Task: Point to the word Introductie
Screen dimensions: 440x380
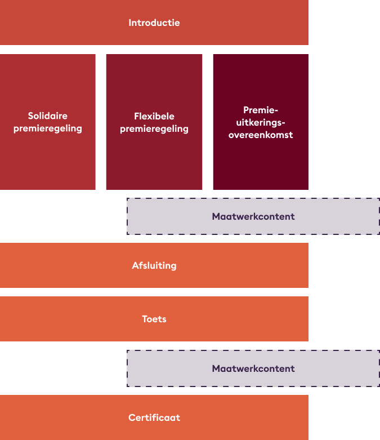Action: coord(154,23)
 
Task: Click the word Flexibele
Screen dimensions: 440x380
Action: coord(154,116)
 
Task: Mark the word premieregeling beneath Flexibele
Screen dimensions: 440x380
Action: coord(154,128)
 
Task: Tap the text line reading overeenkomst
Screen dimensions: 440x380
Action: coord(261,135)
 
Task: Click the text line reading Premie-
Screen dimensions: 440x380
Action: coord(261,110)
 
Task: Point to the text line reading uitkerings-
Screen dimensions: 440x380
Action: coord(261,122)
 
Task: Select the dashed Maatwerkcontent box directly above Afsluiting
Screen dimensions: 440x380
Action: coord(169,216)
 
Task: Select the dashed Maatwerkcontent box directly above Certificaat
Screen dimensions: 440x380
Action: coord(169,368)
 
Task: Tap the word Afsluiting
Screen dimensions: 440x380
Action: coord(154,265)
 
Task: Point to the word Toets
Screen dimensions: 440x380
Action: coord(154,319)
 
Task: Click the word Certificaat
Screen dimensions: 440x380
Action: coord(154,417)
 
